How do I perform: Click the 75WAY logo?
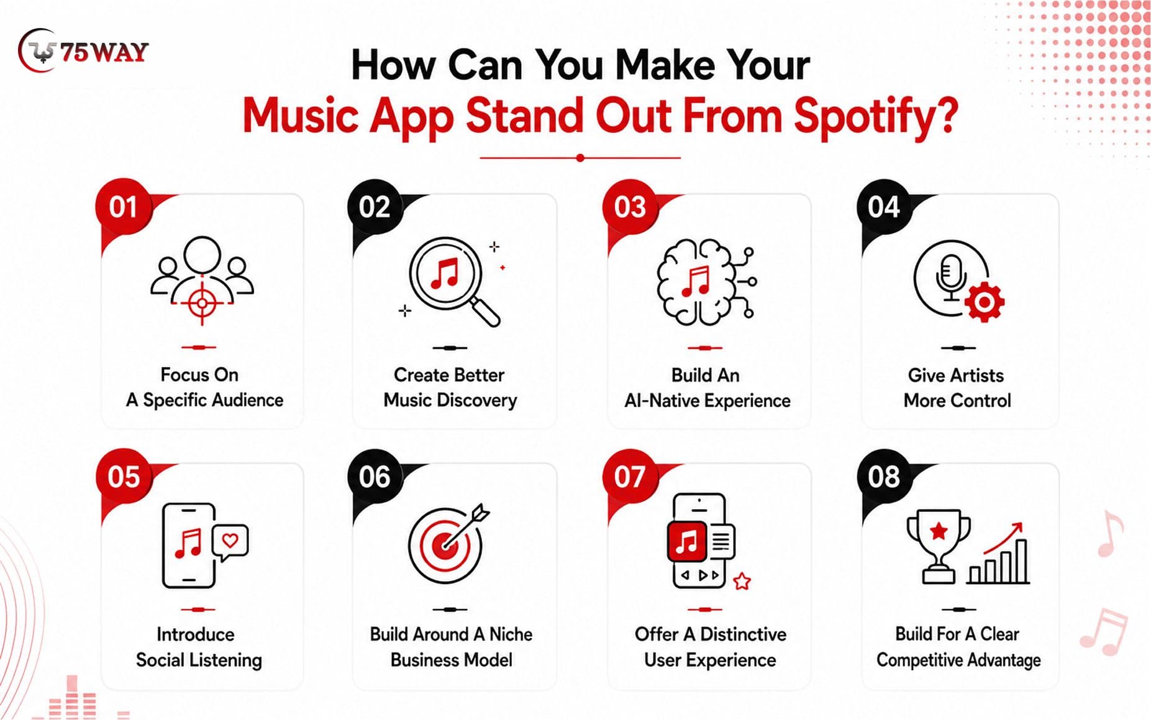(83, 51)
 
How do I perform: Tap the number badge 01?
(123, 207)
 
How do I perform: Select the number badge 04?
(883, 207)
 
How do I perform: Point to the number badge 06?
(375, 477)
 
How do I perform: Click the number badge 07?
(630, 477)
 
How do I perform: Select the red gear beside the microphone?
(984, 302)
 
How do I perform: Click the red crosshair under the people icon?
(202, 304)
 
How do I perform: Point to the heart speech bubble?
(230, 542)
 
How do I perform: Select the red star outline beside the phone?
(742, 582)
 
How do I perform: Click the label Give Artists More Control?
(957, 388)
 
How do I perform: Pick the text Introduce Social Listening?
(199, 647)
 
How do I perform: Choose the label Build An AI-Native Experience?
(707, 388)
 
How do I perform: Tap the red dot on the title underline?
(580, 158)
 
